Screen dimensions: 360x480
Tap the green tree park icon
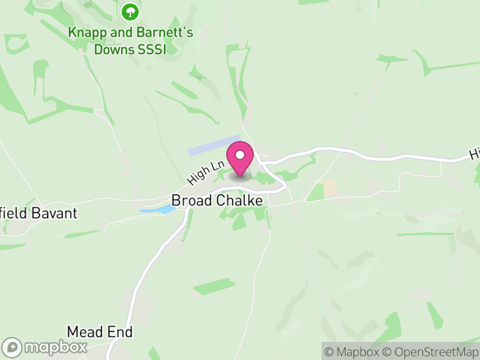point(130,11)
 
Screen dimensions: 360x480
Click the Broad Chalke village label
point(217,200)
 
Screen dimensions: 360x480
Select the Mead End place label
point(100,332)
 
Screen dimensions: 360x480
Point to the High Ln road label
point(206,171)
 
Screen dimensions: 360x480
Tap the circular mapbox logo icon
point(13,347)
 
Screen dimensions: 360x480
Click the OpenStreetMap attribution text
point(430,352)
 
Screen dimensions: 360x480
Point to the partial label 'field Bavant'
point(39,213)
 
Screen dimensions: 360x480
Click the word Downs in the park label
point(114,49)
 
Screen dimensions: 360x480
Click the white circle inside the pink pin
point(241,155)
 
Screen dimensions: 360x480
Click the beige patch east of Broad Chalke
point(330,188)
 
